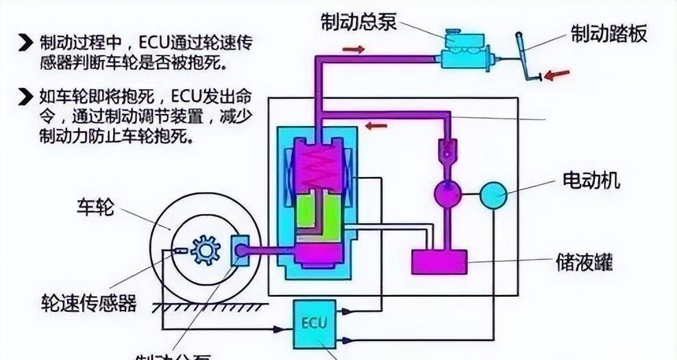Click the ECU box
click(314, 321)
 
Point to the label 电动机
click(591, 180)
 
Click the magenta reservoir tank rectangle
click(439, 262)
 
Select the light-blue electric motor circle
click(493, 195)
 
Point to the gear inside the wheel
click(205, 251)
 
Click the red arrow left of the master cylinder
click(354, 49)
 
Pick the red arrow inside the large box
click(376, 125)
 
